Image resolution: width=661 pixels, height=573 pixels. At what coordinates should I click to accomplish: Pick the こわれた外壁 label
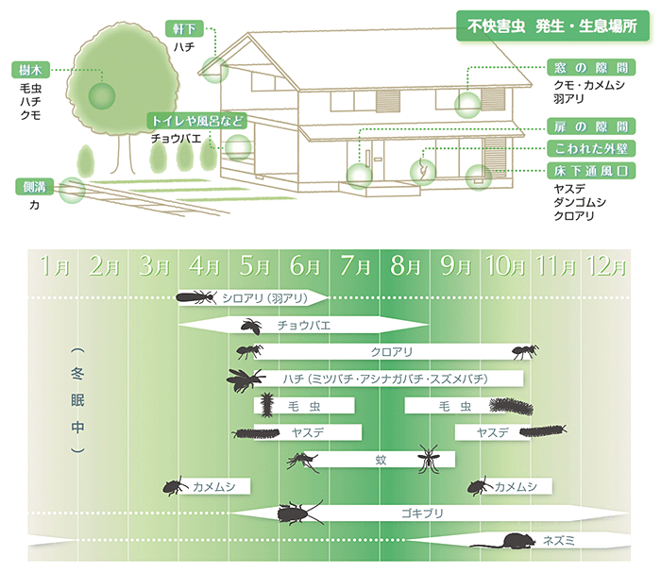[x=592, y=148]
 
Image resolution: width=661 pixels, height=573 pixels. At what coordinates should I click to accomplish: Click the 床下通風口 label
[x=592, y=170]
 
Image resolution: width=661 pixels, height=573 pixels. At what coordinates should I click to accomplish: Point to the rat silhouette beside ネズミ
[x=508, y=541]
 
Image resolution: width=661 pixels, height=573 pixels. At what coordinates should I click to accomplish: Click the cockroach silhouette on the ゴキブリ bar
[x=299, y=513]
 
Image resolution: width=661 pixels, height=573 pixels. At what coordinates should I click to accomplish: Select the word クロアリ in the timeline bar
[x=388, y=352]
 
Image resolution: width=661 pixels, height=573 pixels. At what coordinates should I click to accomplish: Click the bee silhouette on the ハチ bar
[x=246, y=379]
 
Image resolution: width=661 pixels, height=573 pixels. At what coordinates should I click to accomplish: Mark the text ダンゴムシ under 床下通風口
[x=581, y=202]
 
